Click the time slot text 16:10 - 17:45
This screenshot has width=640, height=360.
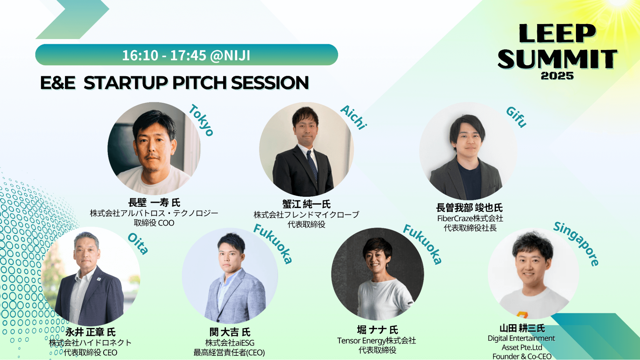click(164, 55)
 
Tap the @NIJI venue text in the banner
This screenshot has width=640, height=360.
click(230, 56)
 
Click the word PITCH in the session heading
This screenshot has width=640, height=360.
click(200, 83)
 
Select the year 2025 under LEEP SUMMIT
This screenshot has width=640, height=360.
click(557, 76)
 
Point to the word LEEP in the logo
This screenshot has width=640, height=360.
click(557, 33)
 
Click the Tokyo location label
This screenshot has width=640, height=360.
click(201, 120)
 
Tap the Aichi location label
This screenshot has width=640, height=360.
click(353, 117)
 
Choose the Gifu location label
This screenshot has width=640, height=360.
click(516, 117)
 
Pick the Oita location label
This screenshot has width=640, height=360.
click(138, 244)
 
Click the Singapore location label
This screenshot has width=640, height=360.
click(576, 244)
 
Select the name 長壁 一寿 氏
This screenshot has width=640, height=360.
click(154, 203)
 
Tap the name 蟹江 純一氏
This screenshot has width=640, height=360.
click(306, 204)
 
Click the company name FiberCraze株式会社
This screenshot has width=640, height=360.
click(470, 219)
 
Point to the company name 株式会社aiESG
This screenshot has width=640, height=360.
click(230, 343)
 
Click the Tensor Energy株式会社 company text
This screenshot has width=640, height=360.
click(377, 341)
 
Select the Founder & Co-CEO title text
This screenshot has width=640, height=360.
click(522, 356)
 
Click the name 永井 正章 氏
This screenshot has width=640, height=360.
click(91, 332)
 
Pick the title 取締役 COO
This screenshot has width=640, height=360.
click(154, 223)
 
